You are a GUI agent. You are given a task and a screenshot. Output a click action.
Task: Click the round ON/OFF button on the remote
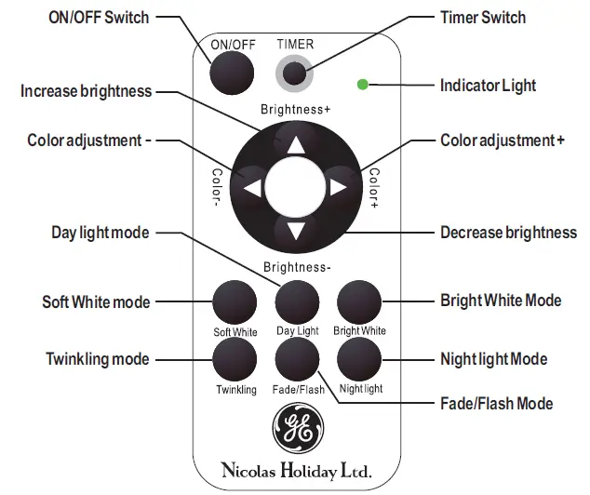(x=232, y=73)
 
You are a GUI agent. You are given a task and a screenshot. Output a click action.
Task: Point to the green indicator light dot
(x=362, y=86)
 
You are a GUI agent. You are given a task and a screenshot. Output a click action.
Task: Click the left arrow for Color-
(x=251, y=188)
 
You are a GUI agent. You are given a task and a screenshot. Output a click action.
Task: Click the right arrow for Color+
(x=340, y=188)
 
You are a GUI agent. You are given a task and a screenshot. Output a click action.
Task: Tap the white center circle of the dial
(x=296, y=186)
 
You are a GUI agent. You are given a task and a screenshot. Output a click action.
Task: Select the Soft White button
(x=234, y=302)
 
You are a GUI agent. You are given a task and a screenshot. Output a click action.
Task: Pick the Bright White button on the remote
(x=359, y=302)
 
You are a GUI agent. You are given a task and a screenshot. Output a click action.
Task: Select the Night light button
(x=359, y=359)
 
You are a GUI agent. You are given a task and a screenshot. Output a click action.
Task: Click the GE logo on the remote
(x=296, y=429)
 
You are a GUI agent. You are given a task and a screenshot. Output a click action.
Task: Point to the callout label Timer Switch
(x=482, y=18)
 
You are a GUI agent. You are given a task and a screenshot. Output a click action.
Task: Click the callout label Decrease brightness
(x=508, y=233)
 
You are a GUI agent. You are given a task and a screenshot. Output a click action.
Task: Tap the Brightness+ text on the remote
(x=295, y=110)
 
